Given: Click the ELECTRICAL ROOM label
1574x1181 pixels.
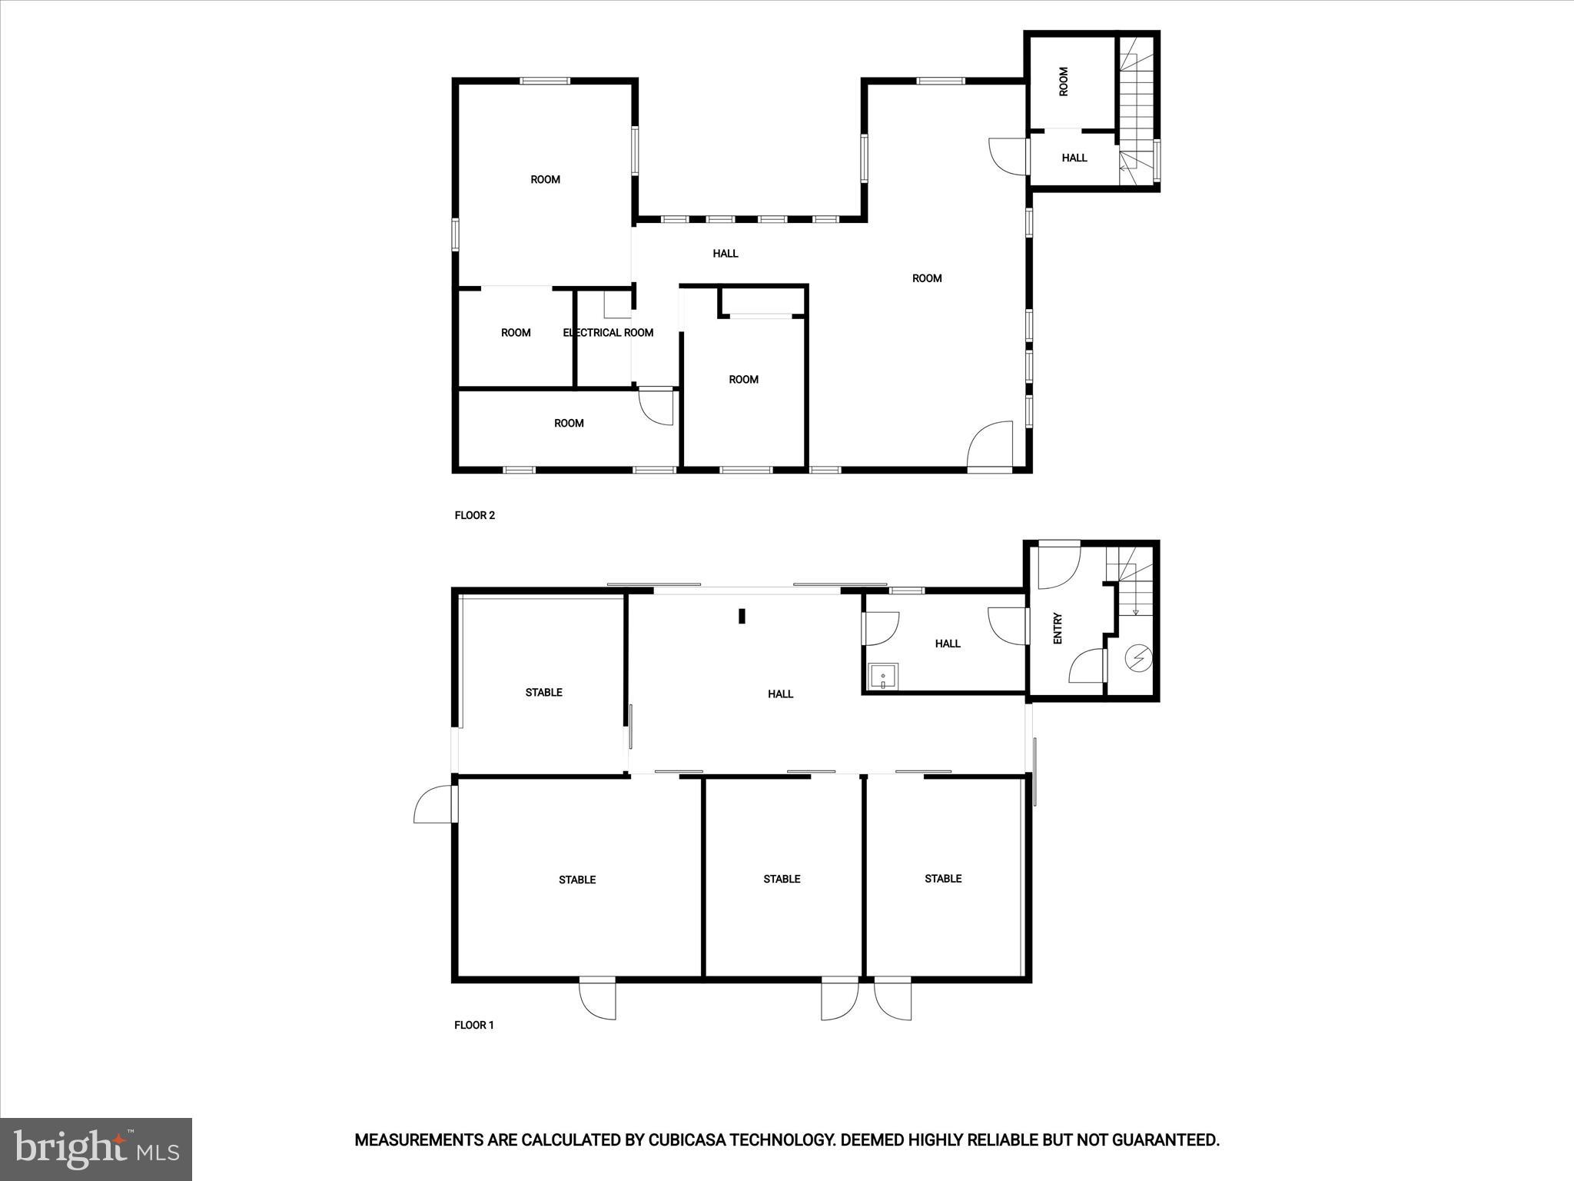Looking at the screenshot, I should click(608, 333).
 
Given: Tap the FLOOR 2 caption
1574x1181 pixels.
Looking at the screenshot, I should click(475, 515).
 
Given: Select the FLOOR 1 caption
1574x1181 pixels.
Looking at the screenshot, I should click(474, 1025).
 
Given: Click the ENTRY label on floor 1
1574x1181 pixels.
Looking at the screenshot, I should click(1058, 628).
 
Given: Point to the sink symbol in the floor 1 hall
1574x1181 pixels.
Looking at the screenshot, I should click(882, 677).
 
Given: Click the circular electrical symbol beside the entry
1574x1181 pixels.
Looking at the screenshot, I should click(1138, 658).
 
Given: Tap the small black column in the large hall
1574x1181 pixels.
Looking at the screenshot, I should click(742, 616).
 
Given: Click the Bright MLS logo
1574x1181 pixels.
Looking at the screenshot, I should click(96, 1149).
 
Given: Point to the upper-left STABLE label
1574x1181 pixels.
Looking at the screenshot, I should click(543, 693).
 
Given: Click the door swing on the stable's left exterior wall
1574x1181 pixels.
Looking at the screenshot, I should click(432, 803).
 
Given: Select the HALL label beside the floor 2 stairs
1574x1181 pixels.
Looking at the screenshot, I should click(1074, 158).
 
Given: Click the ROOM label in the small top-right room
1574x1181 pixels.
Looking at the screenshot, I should click(1064, 82).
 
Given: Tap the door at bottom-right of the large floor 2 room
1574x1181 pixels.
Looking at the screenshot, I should click(991, 445).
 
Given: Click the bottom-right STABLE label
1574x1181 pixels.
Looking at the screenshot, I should click(943, 879).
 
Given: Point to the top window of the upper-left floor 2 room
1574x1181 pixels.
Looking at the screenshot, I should click(545, 81).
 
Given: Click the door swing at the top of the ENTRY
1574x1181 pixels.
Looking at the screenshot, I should click(1058, 565).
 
